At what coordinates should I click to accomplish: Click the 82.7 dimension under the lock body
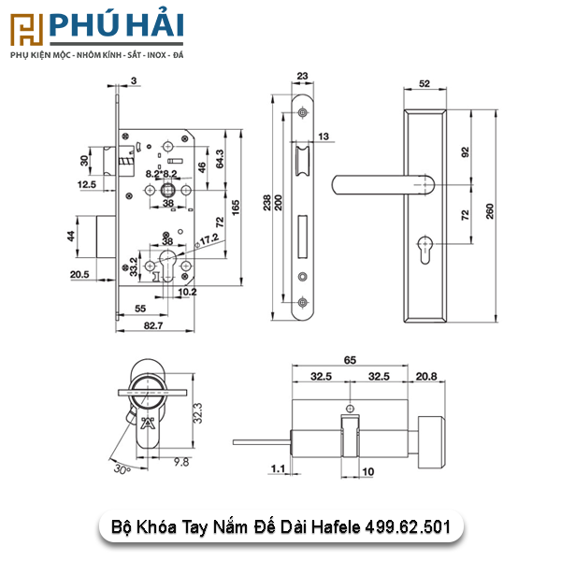tap(153, 325)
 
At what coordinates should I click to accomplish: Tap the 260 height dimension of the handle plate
tap(490, 211)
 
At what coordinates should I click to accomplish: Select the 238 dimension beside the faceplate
tap(266, 203)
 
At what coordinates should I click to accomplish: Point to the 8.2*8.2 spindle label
tap(161, 174)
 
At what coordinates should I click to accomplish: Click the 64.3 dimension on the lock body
tap(220, 159)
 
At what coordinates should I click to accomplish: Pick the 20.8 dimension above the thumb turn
tap(426, 377)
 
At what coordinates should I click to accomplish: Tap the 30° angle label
tap(122, 468)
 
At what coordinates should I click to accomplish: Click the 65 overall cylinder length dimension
tap(350, 360)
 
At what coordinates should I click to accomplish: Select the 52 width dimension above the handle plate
tap(424, 84)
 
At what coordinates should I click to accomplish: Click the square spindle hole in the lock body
tap(167, 191)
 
